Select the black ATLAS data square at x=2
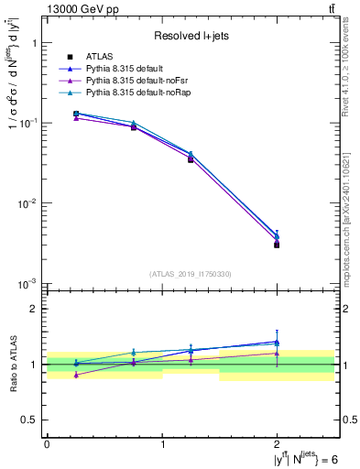tap(277, 245)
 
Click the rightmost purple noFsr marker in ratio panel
tap(277, 353)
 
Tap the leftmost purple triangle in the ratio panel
tap(76, 375)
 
